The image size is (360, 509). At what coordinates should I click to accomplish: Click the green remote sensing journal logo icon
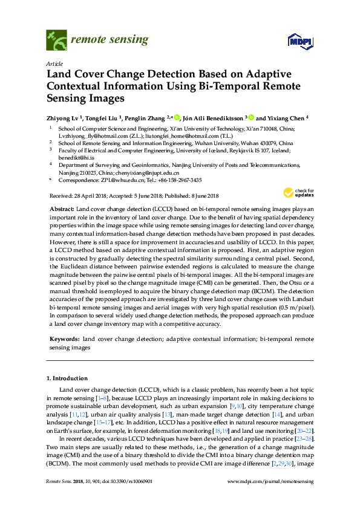[x=57, y=41]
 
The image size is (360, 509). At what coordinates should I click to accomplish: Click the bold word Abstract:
[x=61, y=207]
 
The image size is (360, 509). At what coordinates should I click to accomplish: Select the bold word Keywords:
[x=64, y=340]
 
